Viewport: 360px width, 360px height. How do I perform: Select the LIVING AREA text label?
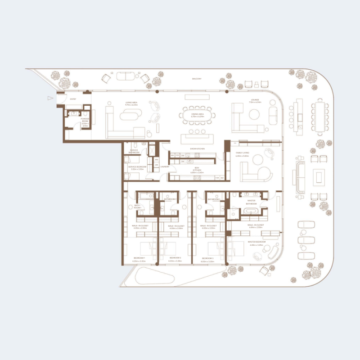click(x=131, y=103)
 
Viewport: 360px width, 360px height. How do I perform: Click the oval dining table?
click(x=198, y=115)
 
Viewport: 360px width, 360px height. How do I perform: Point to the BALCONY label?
click(x=196, y=79)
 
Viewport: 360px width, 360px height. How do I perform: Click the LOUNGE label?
click(x=255, y=100)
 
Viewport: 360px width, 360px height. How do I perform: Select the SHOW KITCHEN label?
click(x=198, y=148)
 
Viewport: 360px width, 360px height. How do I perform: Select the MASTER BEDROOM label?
click(x=256, y=242)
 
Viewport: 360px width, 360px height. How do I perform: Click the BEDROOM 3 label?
click(x=207, y=259)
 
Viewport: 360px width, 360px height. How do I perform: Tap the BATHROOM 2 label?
click(x=170, y=199)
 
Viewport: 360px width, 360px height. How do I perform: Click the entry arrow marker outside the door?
click(x=49, y=97)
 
